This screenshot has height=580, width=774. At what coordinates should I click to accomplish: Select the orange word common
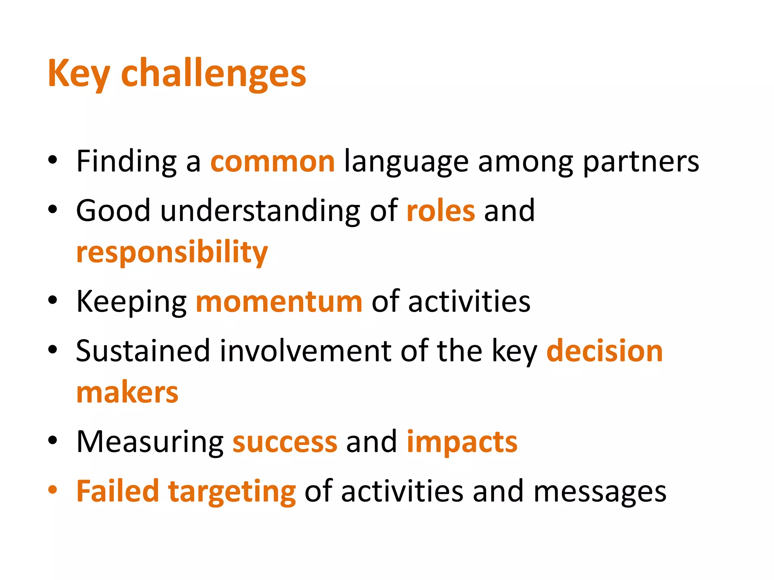[x=272, y=162]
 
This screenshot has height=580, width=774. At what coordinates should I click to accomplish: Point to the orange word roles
[x=441, y=211]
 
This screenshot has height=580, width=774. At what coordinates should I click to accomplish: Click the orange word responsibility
[x=172, y=252]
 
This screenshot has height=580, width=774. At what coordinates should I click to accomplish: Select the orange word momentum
[x=279, y=302]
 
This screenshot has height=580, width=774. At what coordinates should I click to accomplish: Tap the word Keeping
[x=132, y=302]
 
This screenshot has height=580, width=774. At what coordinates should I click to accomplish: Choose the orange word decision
[x=605, y=351]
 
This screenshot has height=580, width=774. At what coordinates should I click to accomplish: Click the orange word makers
[x=127, y=393]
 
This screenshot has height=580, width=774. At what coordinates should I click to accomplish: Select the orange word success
[x=285, y=442]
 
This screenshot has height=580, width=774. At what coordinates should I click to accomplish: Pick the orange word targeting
[x=232, y=492]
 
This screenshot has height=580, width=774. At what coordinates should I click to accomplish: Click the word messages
[x=600, y=492]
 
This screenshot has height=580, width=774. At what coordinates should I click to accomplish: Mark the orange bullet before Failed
[x=53, y=490]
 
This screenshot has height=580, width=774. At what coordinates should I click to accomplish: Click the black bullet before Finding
[x=53, y=160]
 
